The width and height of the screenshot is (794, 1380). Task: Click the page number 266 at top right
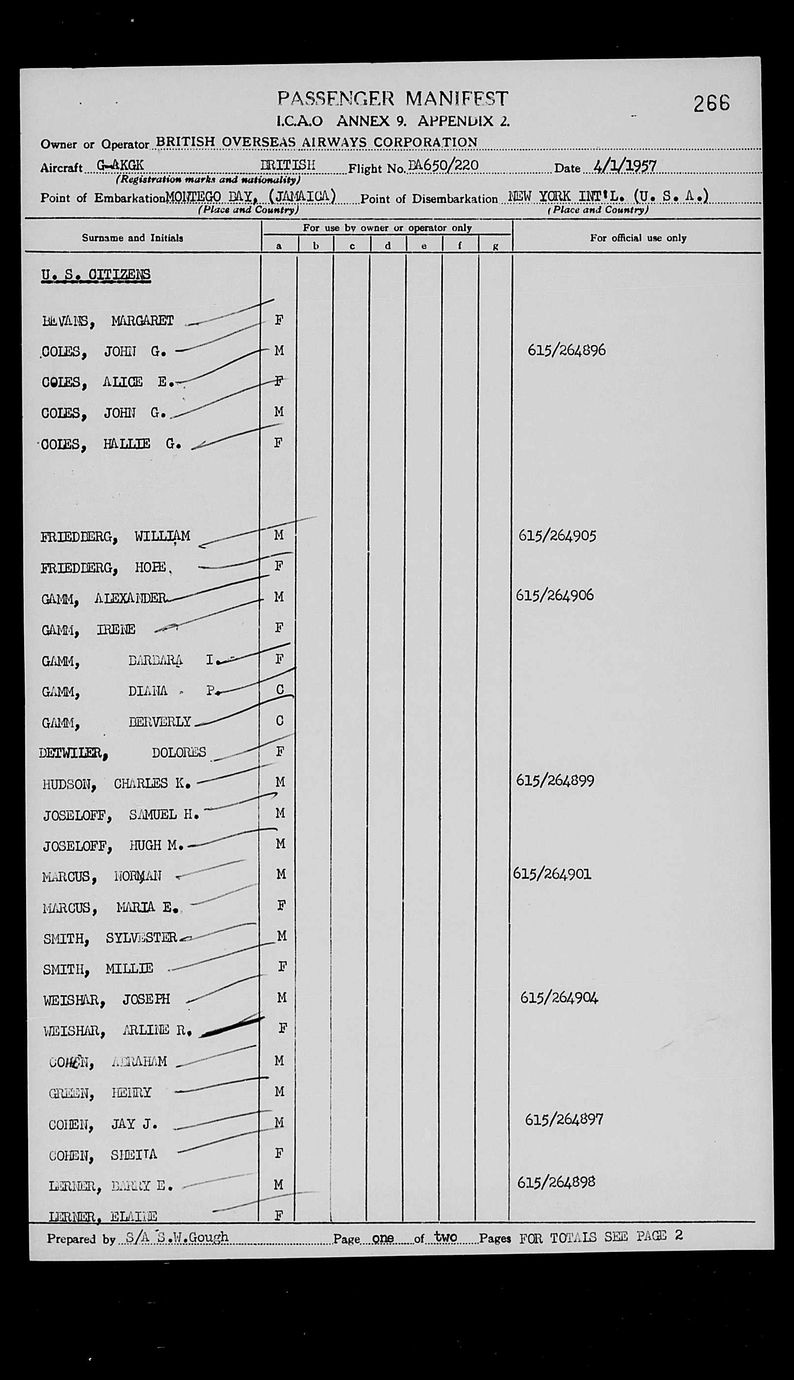coord(711,102)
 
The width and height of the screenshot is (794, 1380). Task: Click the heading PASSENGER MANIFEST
coord(393,98)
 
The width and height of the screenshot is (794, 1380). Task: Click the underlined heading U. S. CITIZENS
coord(96,274)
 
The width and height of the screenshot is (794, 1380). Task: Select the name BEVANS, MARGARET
coord(107,321)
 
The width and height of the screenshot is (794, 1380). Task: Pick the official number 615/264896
coord(566,350)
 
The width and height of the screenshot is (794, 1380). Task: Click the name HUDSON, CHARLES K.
coord(116,784)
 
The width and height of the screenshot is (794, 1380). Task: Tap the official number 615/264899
coord(555,780)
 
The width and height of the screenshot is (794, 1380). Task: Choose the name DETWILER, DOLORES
coord(122,753)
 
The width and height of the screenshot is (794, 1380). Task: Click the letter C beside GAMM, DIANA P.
coord(280,690)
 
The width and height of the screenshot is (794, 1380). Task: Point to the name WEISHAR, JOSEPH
coord(106,999)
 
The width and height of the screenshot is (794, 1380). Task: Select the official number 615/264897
coord(564,1119)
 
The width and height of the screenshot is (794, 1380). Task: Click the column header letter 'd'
coord(388,246)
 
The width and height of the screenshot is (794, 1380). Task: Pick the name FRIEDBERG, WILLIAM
coord(115,536)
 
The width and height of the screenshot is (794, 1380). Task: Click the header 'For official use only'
coord(637,238)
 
